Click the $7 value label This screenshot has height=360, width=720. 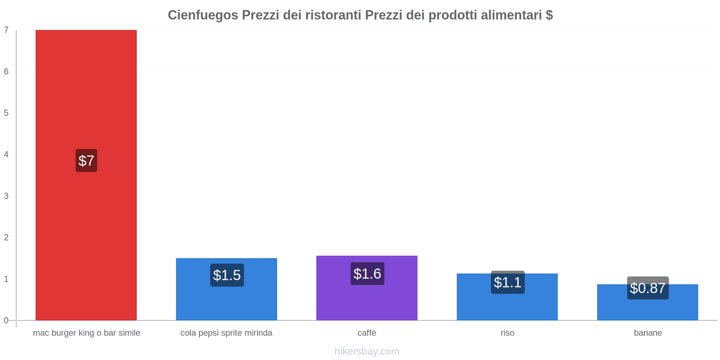tap(86, 161)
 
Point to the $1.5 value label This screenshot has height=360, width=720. tap(227, 275)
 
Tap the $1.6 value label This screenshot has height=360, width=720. tap(367, 274)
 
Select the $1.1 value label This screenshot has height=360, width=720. tap(508, 282)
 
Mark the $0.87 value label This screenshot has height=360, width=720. tap(648, 288)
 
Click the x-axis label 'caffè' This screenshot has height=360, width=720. tap(367, 333)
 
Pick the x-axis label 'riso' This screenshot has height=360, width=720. tap(508, 333)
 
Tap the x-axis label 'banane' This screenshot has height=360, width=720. tap(648, 333)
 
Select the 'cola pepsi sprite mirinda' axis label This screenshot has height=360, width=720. tap(226, 333)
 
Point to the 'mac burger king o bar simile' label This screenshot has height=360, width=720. tap(86, 333)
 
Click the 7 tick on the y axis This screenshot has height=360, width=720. tap(6, 30)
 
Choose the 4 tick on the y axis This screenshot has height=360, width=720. tap(6, 154)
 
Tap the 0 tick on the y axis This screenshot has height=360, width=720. tap(6, 320)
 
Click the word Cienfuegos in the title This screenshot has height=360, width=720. tap(203, 15)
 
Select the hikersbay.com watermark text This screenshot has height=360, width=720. tap(367, 351)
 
